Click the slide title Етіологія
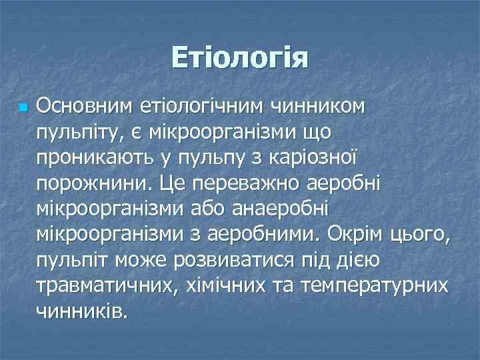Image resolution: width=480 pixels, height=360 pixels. (240, 57)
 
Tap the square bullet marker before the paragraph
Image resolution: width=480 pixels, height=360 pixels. (23, 107)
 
